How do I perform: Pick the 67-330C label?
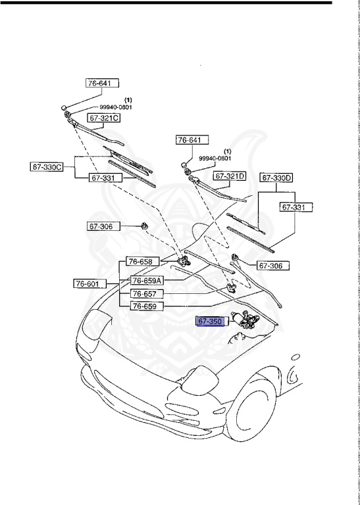point(47,166)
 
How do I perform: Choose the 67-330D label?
point(276,178)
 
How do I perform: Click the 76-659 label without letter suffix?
point(146,306)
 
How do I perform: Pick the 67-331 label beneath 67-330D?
point(296,207)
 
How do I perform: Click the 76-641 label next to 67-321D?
point(191,139)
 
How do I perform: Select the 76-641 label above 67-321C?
point(102,84)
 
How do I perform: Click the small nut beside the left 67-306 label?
point(143,227)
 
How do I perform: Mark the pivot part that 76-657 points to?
point(231,287)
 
